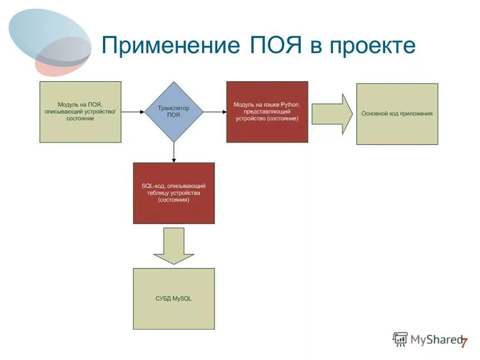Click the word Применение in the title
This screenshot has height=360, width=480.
(x=171, y=46)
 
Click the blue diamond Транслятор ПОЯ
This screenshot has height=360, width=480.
(x=173, y=112)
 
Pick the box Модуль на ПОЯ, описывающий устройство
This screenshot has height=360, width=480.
(x=80, y=112)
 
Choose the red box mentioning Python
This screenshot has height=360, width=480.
(x=267, y=112)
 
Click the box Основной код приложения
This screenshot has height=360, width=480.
(x=397, y=114)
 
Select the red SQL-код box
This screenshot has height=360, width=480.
(x=174, y=193)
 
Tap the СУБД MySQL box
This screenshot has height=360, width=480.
(x=174, y=298)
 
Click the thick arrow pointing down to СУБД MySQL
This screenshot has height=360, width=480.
(x=174, y=246)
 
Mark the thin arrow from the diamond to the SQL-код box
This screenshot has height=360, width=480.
(x=174, y=152)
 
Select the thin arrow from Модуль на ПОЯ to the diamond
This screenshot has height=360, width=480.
(x=133, y=112)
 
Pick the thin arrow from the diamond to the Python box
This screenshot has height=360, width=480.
(x=215, y=112)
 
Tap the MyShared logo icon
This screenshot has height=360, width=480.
(x=400, y=339)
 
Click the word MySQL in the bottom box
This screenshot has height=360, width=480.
(x=184, y=298)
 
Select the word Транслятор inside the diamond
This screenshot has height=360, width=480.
(x=173, y=108)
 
